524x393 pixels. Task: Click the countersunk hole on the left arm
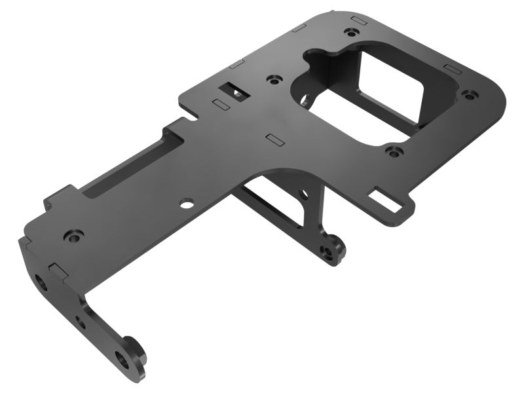click(72, 234)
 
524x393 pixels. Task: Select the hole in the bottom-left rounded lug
click(122, 358)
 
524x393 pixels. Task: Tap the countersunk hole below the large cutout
click(392, 152)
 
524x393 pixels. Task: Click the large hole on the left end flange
click(41, 282)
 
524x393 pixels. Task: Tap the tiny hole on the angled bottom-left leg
click(81, 322)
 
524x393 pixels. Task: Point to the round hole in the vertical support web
click(302, 194)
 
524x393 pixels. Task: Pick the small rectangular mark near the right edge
click(451, 67)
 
